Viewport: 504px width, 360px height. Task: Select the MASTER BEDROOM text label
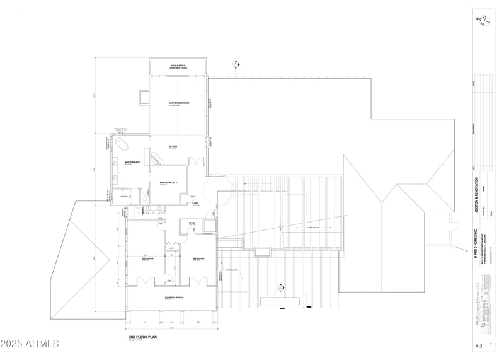pos(178,103)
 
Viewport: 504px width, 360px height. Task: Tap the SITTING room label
pos(173,146)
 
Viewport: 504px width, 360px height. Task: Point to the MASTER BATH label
pos(132,162)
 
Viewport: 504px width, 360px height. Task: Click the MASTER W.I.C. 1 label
pos(169,183)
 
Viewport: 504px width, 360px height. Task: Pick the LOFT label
pos(196,203)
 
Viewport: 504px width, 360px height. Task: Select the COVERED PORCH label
pos(173,298)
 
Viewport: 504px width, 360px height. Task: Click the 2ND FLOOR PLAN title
pos(143,338)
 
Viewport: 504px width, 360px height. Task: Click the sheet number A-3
pos(482,346)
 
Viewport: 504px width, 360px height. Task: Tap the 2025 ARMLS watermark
pos(30,344)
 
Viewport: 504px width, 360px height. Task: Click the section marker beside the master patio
pos(235,64)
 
